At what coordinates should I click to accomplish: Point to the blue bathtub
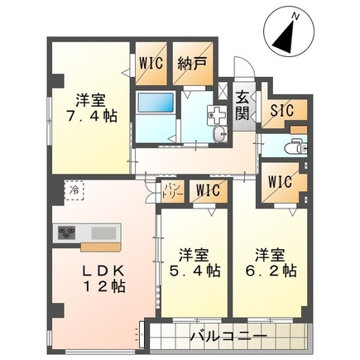pos(154,105)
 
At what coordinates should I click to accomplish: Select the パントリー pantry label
pos(170,191)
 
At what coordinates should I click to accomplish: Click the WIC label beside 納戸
pos(151,62)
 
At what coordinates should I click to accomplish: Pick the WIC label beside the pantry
pos(207,191)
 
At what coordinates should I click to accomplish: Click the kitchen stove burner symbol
pos(65,233)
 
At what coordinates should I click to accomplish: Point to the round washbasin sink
pos(219,137)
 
